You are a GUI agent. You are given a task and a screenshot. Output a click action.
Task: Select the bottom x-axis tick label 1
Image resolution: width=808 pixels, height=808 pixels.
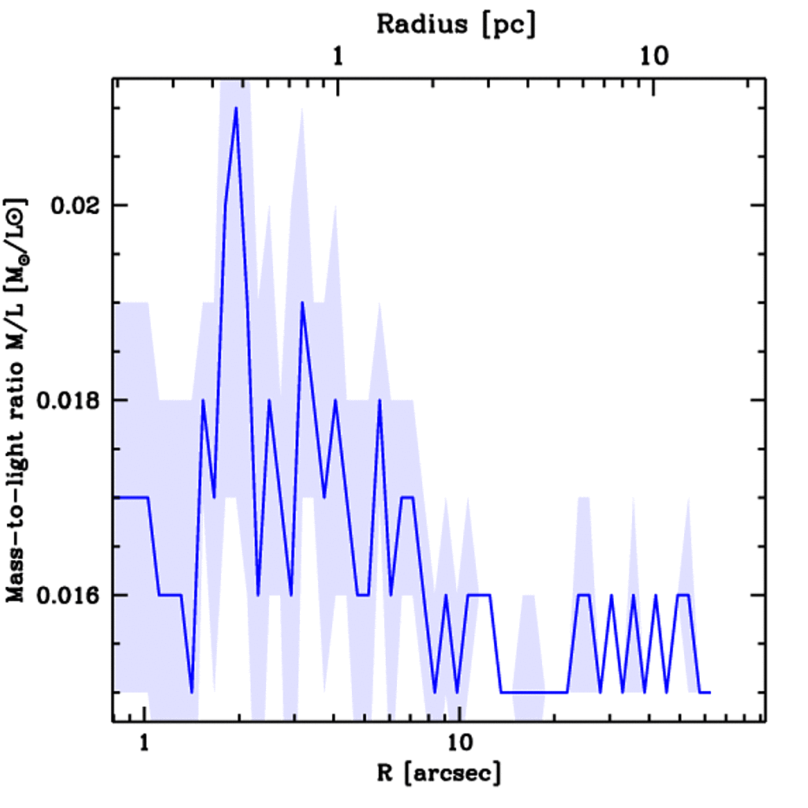coord(144,743)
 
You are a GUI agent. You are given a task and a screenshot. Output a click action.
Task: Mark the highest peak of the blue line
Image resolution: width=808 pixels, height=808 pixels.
coord(235,108)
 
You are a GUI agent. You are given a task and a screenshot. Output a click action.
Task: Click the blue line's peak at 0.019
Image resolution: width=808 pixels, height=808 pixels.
coord(301,303)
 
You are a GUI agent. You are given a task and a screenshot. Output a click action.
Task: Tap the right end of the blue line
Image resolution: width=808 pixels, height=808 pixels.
coord(709,692)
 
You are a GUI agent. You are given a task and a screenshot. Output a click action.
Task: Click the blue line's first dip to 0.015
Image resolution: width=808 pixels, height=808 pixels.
coord(192,691)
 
